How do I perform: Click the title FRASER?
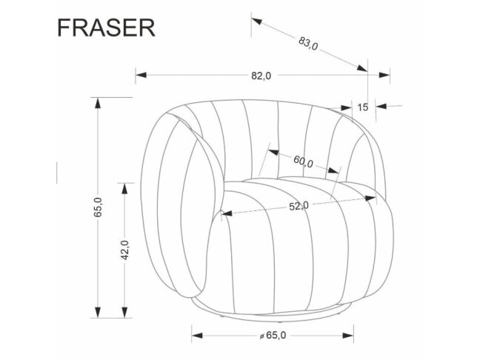(106, 27)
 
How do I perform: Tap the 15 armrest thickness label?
(362, 107)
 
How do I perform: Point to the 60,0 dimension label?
(303, 162)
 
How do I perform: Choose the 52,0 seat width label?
(299, 207)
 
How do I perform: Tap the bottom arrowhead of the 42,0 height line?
(125, 314)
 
